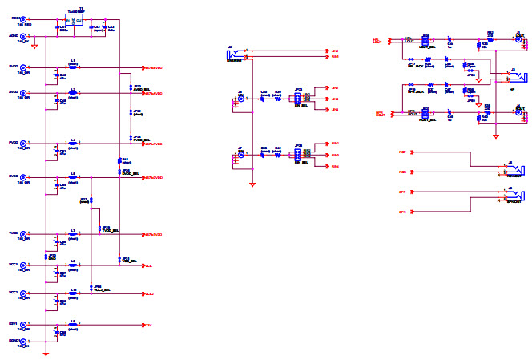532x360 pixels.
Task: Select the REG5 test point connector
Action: coord(23,20)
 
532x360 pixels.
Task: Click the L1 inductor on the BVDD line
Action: coord(73,67)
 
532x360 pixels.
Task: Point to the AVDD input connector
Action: coord(23,94)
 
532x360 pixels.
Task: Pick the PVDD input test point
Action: coord(23,144)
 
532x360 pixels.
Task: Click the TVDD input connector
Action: coord(23,235)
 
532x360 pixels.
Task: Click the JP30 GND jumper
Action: coord(52,257)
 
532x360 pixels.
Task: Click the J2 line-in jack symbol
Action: coord(236,53)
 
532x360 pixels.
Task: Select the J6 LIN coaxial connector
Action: coord(240,99)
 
